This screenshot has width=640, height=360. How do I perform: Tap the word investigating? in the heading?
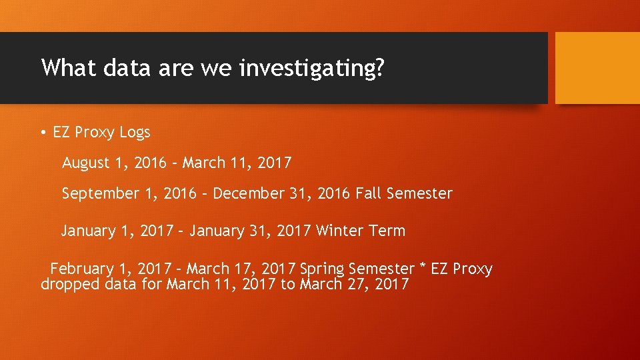click(311, 69)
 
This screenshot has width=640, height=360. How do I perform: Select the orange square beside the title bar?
click(597, 68)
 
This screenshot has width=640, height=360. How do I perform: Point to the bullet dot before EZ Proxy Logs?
click(43, 133)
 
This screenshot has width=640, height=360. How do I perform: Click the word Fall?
click(369, 194)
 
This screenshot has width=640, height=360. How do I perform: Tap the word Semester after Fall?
click(419, 194)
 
